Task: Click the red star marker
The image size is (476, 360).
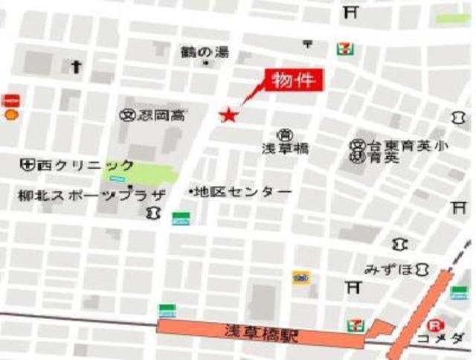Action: (x=228, y=115)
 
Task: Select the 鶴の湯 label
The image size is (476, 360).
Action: (x=205, y=52)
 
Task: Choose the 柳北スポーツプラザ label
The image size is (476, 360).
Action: (x=91, y=196)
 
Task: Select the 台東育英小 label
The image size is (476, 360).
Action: (x=405, y=145)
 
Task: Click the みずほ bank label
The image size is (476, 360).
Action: (x=388, y=269)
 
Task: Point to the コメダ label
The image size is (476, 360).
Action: (x=454, y=338)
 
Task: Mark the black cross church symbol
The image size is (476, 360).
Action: (x=75, y=67)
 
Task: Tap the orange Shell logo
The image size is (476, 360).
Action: (x=10, y=115)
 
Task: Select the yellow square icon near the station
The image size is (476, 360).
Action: (x=300, y=277)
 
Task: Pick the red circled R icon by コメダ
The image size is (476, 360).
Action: (x=433, y=324)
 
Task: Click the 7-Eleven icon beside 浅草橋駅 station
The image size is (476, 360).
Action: (x=355, y=325)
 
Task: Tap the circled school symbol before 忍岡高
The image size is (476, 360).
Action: (x=126, y=115)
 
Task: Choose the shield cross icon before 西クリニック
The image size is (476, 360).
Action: (x=28, y=164)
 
